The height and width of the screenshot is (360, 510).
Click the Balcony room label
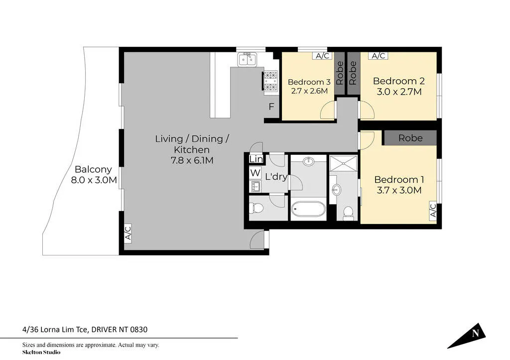pos(93,169)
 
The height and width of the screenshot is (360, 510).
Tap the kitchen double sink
pos(247,60)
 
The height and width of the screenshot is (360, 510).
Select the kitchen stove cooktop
pos(270,81)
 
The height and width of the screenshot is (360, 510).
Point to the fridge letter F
pos(271,107)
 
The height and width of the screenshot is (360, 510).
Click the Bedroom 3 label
pos(309,82)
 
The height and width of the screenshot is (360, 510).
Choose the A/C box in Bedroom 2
pos(378,56)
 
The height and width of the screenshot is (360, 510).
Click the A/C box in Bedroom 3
pos(322,56)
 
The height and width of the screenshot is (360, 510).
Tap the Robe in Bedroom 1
pos(410,138)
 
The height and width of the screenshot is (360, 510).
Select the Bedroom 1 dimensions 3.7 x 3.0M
pos(399,190)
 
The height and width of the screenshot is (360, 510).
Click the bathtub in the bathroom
pos(308,209)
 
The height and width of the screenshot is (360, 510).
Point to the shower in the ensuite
pos(343,163)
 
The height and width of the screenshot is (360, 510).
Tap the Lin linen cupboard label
pos(256,159)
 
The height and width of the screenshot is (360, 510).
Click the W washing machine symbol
pos(255,173)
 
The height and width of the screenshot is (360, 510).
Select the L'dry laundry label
pos(276,177)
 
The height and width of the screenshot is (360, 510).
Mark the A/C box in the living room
pos(128,233)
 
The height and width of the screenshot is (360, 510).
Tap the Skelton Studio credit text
pos(41,352)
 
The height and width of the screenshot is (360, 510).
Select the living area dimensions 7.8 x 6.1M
pos(192,160)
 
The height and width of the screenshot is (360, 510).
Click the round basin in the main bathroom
pos(308,161)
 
